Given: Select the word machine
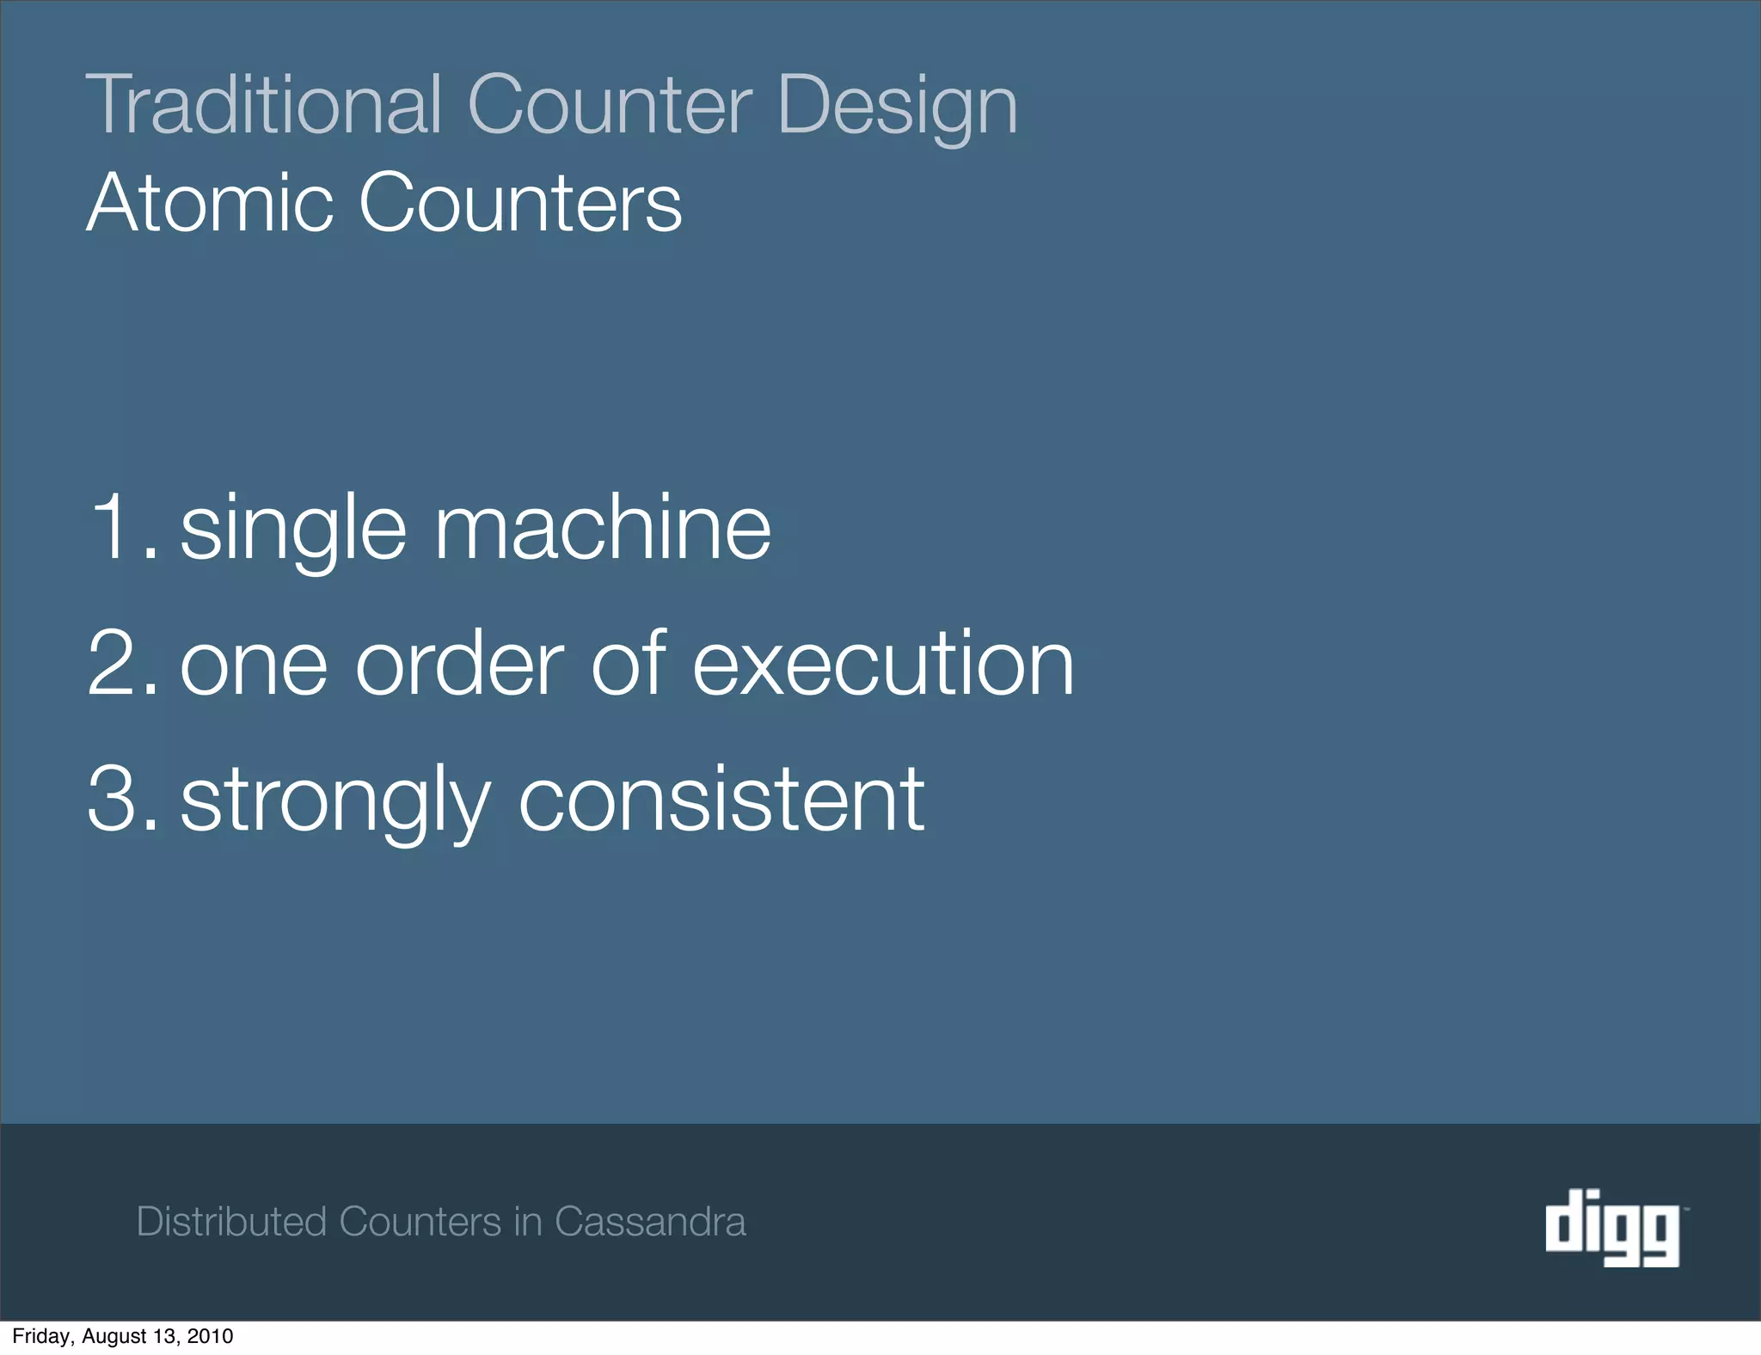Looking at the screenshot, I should (602, 527).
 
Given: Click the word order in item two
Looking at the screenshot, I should (459, 663).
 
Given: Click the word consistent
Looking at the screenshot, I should (721, 799).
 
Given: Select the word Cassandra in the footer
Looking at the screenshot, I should (650, 1222).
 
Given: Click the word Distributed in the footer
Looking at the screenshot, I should (231, 1222).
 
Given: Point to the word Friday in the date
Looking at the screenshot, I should (42, 1336).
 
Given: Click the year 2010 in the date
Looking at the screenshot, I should (210, 1336).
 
